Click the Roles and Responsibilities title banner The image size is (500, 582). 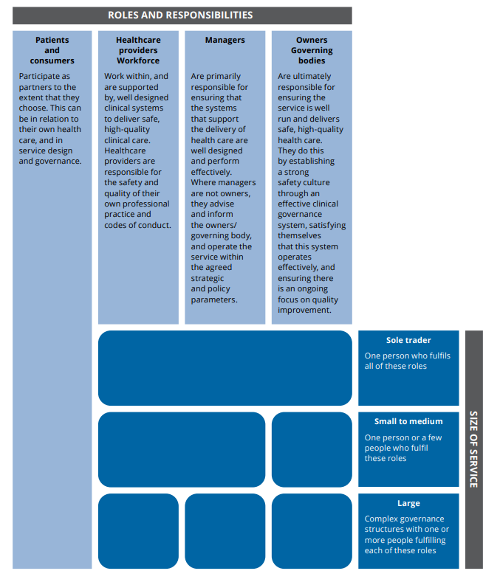(180, 15)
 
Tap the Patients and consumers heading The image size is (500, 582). (52, 50)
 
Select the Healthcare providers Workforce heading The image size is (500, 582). (137, 50)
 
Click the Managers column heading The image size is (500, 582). (225, 40)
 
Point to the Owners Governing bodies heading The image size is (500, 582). (312, 50)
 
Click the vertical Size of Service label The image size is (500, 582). (473, 449)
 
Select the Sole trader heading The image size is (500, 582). (408, 341)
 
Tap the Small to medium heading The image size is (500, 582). (408, 422)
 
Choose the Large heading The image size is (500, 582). (408, 503)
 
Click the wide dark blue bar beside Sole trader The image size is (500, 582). (225, 368)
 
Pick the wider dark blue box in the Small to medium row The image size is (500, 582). (181, 449)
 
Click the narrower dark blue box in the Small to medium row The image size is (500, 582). (312, 449)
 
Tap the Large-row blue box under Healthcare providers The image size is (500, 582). (138, 530)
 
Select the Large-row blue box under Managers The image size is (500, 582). (225, 530)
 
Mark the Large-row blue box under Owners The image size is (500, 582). (312, 530)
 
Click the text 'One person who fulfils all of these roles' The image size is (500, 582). (407, 361)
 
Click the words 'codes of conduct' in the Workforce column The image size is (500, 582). (137, 225)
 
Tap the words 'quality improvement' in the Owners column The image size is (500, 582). (308, 305)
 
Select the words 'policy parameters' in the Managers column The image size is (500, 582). (214, 294)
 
